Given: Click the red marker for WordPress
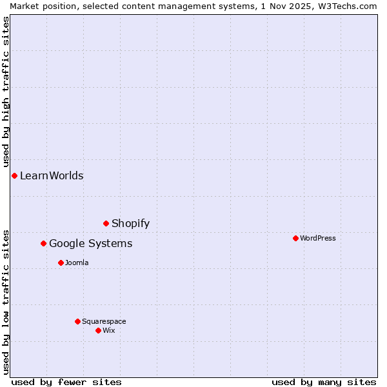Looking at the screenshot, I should point(295,238).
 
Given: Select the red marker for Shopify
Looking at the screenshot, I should point(106,223).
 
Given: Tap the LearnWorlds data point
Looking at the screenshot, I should point(14,175).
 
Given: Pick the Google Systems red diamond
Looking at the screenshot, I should point(43,243).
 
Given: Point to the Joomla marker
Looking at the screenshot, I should point(61,263).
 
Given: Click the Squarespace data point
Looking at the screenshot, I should point(77,321).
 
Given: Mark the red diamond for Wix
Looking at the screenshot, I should point(98,330).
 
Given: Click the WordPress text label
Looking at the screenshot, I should point(318,238).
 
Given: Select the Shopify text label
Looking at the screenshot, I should point(130,223).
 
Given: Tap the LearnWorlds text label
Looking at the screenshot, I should point(52,175).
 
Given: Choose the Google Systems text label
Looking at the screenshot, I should point(90,243).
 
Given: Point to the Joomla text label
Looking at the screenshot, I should point(77,263).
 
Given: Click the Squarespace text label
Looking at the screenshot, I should point(104,321).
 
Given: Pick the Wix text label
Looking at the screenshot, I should point(108,330).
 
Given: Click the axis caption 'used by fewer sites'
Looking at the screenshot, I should point(66,382).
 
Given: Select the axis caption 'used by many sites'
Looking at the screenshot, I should point(324,382).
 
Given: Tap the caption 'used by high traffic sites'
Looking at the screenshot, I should point(6,92).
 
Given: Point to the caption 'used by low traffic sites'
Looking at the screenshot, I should point(6,301).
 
